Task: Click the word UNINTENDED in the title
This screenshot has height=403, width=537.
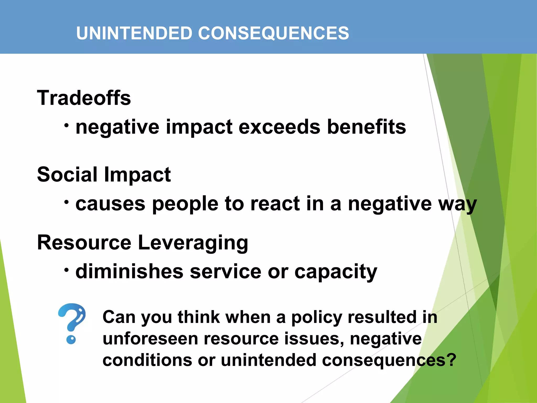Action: pos(134,33)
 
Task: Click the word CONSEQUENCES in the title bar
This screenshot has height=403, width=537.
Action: pos(273,33)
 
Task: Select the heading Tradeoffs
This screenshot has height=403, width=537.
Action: pos(84,98)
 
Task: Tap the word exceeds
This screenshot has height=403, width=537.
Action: pos(279,127)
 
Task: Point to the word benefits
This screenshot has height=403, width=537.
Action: pos(367,127)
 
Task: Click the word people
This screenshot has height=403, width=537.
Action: pos(185,204)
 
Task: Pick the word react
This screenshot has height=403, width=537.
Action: pos(275,204)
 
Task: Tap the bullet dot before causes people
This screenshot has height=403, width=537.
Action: pos(67,202)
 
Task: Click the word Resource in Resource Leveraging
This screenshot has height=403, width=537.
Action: pos(84,242)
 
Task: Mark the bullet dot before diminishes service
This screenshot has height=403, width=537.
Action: pos(67,270)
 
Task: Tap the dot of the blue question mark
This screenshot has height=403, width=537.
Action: pos(71,340)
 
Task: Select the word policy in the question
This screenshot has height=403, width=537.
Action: pos(317,317)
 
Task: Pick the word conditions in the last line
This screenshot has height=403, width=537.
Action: pos(147,360)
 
